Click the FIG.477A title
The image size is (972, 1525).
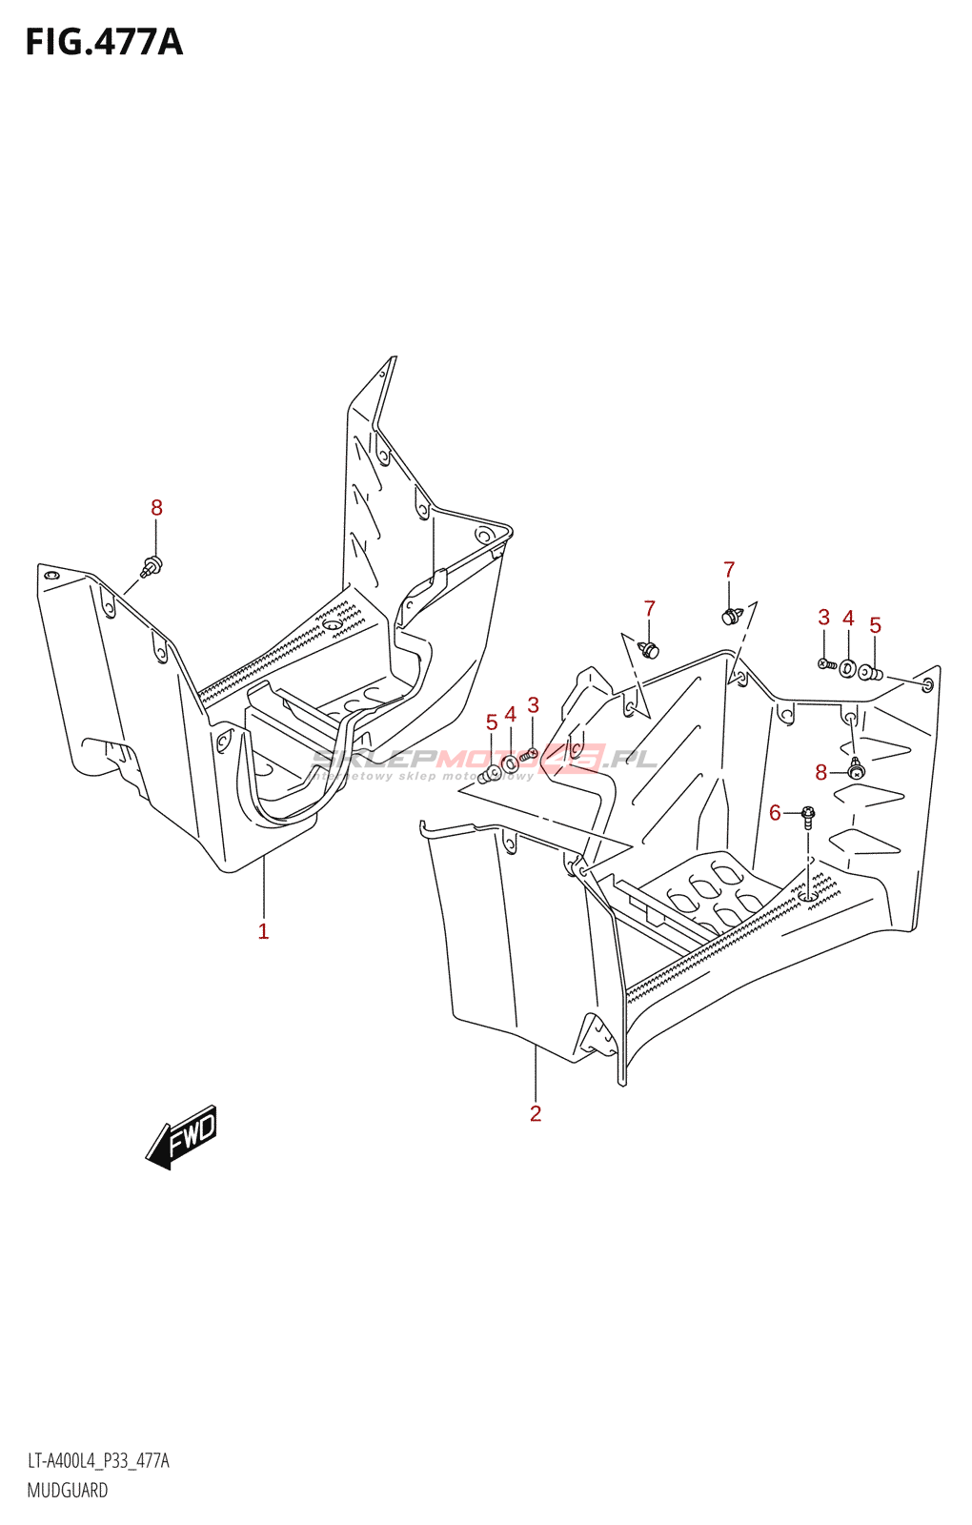103,43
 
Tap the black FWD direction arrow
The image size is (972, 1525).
182,1136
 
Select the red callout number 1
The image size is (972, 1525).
264,931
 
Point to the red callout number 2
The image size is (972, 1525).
536,1113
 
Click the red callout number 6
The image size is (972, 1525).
775,813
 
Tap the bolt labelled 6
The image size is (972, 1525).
808,815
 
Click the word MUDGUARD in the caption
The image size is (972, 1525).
67,1491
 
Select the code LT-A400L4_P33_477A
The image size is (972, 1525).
98,1461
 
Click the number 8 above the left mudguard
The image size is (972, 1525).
157,508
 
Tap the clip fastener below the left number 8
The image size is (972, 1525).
152,566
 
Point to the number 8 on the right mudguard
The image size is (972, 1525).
821,773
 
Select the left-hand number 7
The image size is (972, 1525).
650,608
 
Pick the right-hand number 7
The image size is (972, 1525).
729,570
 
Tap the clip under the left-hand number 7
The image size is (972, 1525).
650,651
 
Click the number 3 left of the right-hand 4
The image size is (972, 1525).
824,618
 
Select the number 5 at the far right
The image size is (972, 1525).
875,625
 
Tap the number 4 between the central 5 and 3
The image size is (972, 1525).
511,715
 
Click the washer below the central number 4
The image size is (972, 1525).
511,763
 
